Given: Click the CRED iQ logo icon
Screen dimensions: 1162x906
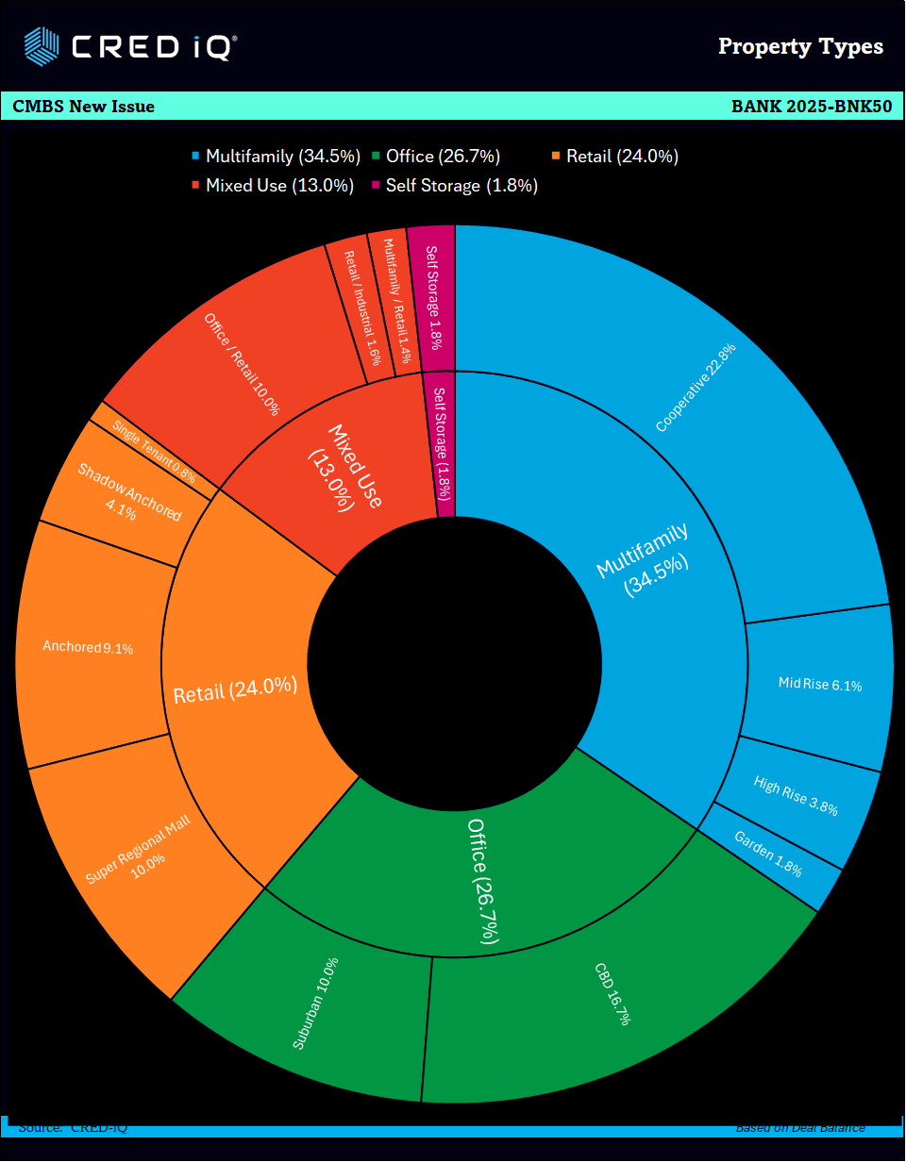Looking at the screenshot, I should (42, 44).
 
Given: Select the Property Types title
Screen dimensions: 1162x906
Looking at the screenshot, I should (800, 46).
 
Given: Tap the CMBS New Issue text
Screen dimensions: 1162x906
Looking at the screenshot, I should (84, 107).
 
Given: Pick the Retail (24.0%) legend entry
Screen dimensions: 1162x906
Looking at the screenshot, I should (614, 157).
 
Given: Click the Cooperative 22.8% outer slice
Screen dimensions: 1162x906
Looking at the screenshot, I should (696, 387).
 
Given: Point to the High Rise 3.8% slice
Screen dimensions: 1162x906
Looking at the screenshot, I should (796, 795).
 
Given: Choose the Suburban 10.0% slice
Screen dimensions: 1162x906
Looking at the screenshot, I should (315, 1003).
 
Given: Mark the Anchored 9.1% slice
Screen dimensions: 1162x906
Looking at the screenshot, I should (88, 647).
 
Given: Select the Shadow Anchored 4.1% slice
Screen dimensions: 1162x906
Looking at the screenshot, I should (126, 491).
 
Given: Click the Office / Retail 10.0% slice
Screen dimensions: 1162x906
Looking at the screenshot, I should (243, 364).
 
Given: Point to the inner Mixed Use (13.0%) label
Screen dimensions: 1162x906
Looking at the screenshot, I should (344, 467).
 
